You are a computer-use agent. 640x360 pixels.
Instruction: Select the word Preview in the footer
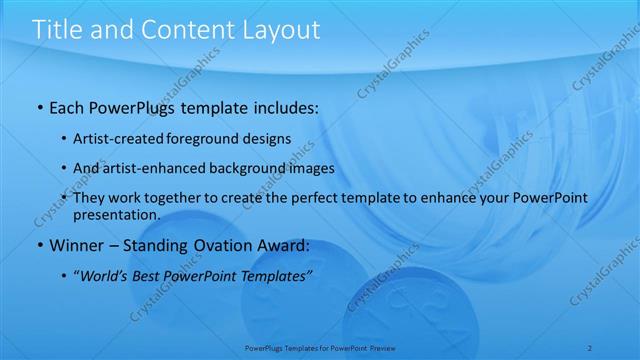[x=383, y=349]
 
